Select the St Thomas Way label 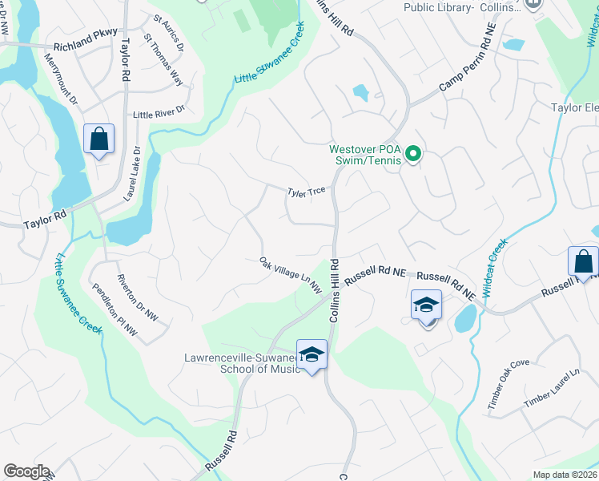[163, 59]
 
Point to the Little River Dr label [159, 112]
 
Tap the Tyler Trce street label [307, 191]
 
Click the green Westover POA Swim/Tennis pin [412, 153]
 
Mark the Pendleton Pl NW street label [115, 310]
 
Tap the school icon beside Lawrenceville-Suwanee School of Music [312, 354]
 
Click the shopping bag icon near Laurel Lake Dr [98, 139]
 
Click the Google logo [26, 471]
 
